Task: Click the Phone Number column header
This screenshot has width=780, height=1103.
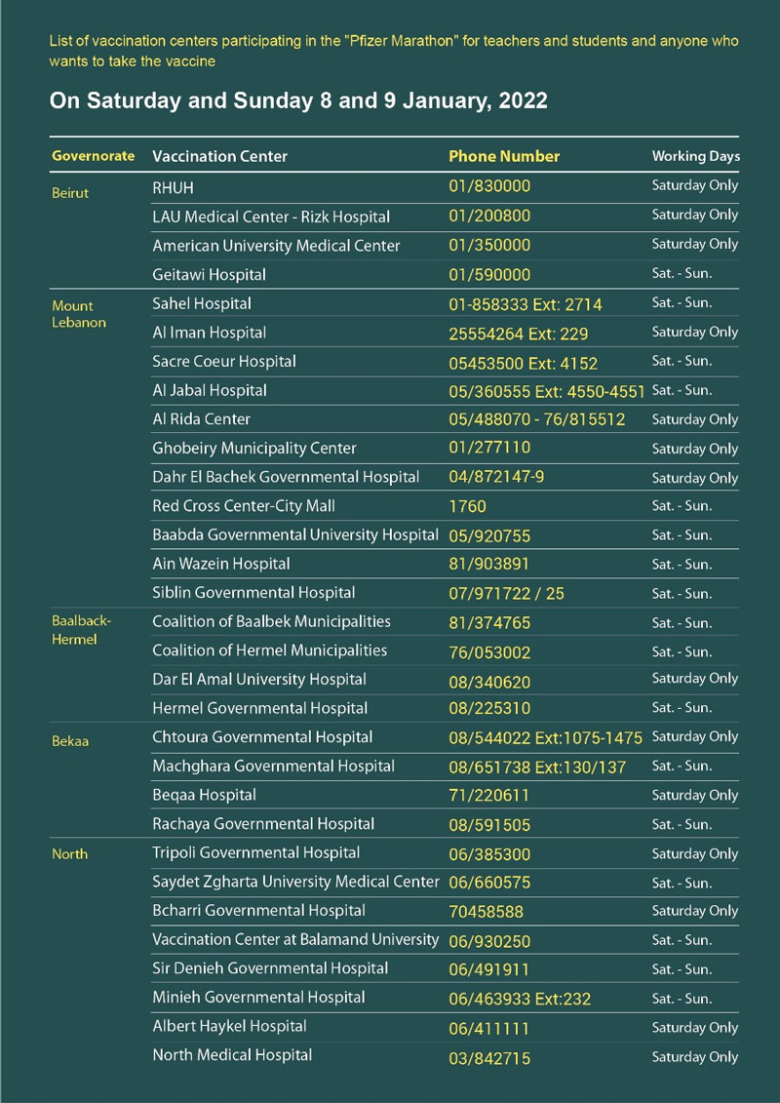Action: tap(504, 156)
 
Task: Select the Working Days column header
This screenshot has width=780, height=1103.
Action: tap(695, 156)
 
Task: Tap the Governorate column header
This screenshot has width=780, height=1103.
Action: tap(93, 156)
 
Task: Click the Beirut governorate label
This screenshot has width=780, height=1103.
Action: tap(70, 193)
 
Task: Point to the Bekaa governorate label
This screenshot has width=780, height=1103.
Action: tap(70, 741)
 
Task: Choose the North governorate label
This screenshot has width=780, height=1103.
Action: tap(69, 854)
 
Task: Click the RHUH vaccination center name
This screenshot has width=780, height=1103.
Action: tap(178, 185)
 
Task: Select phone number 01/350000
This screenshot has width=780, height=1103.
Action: tap(489, 246)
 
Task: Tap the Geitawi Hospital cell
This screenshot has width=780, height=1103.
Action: tap(209, 275)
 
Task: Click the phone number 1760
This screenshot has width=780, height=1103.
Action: tap(467, 506)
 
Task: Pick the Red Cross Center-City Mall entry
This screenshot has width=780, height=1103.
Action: tap(244, 506)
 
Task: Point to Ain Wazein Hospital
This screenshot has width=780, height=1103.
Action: tap(221, 564)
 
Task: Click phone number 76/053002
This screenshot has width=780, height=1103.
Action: tap(489, 651)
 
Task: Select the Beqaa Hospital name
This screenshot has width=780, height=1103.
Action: tap(205, 795)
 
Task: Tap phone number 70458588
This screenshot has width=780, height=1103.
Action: tap(486, 912)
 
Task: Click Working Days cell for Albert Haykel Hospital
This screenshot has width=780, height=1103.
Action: tap(694, 1027)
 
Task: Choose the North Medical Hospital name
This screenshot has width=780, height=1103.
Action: tap(232, 1055)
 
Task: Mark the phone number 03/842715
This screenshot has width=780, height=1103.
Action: tap(489, 1057)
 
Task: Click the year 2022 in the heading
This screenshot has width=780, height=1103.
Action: tap(521, 100)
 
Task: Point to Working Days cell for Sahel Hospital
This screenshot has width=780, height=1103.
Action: tap(682, 303)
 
